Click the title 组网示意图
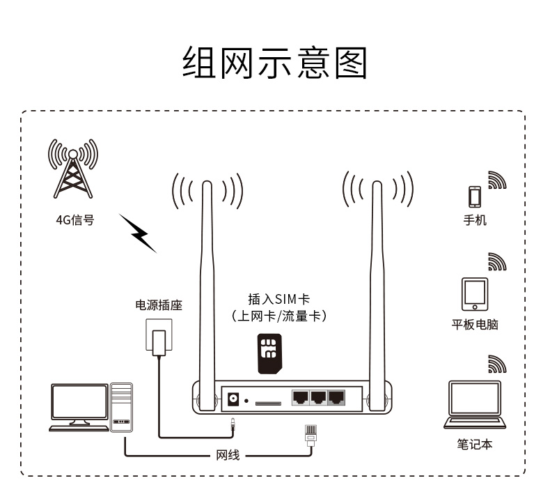(x=274, y=63)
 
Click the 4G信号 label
(x=74, y=221)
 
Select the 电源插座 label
(x=159, y=305)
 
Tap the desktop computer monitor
(x=79, y=403)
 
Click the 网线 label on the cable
(x=228, y=456)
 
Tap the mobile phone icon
(x=475, y=197)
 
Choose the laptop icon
(x=475, y=404)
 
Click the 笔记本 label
(x=475, y=444)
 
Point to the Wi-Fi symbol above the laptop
(x=496, y=364)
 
